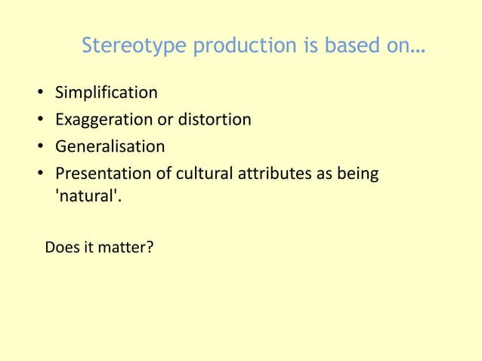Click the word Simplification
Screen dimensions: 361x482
107,93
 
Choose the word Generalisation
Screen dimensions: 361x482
110,146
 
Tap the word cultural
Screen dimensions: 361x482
205,173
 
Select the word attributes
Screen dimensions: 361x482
273,173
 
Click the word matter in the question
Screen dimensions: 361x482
125,247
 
